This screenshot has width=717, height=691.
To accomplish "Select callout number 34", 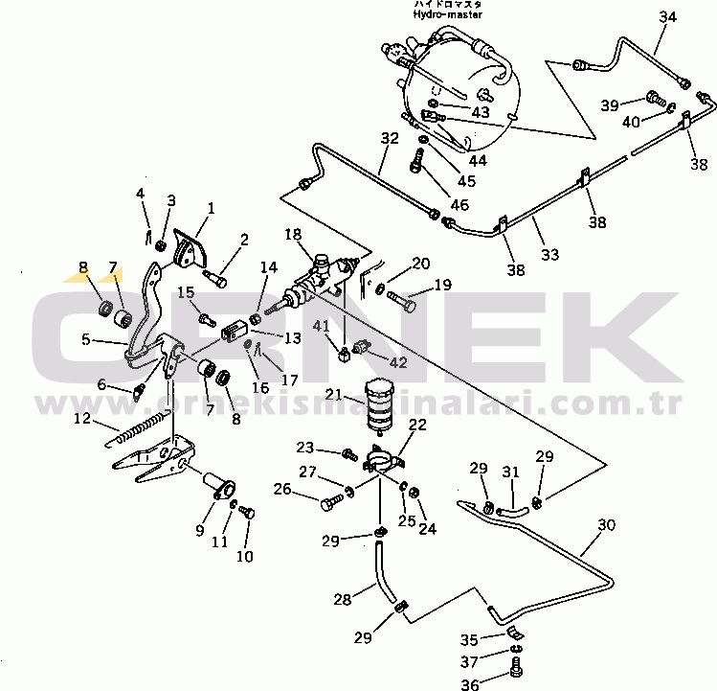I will (667, 17).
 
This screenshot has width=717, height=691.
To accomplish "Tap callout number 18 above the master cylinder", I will (292, 234).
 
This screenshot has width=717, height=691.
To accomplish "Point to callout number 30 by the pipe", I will (607, 525).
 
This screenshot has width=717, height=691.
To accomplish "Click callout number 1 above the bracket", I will (211, 208).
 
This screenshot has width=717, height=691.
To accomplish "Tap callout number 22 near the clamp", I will (417, 426).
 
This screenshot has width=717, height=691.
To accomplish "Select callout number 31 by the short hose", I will (511, 472).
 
